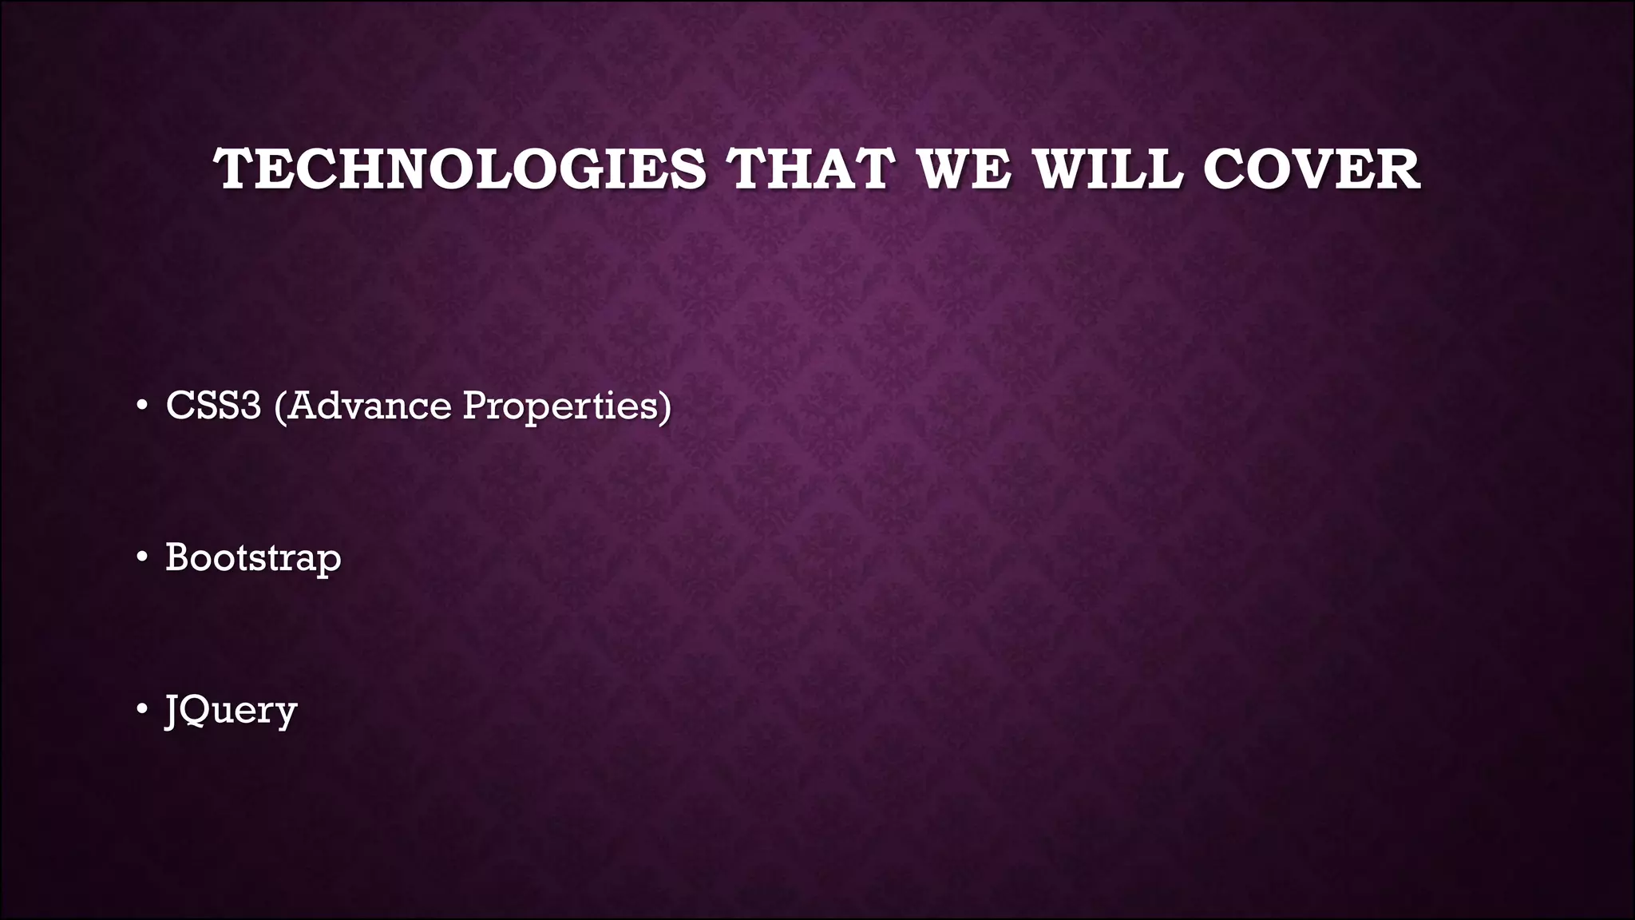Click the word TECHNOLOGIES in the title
click(x=460, y=169)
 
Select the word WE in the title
click(x=964, y=169)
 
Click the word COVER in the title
click(x=1311, y=169)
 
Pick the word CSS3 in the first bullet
click(x=213, y=405)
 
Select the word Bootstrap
click(x=253, y=557)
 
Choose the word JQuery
click(x=231, y=710)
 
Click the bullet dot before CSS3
click(x=141, y=406)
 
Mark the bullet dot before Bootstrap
click(x=141, y=557)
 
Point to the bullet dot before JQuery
click(x=141, y=709)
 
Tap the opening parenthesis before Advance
click(x=279, y=406)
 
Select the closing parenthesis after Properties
click(x=665, y=406)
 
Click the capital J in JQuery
click(x=171, y=710)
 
